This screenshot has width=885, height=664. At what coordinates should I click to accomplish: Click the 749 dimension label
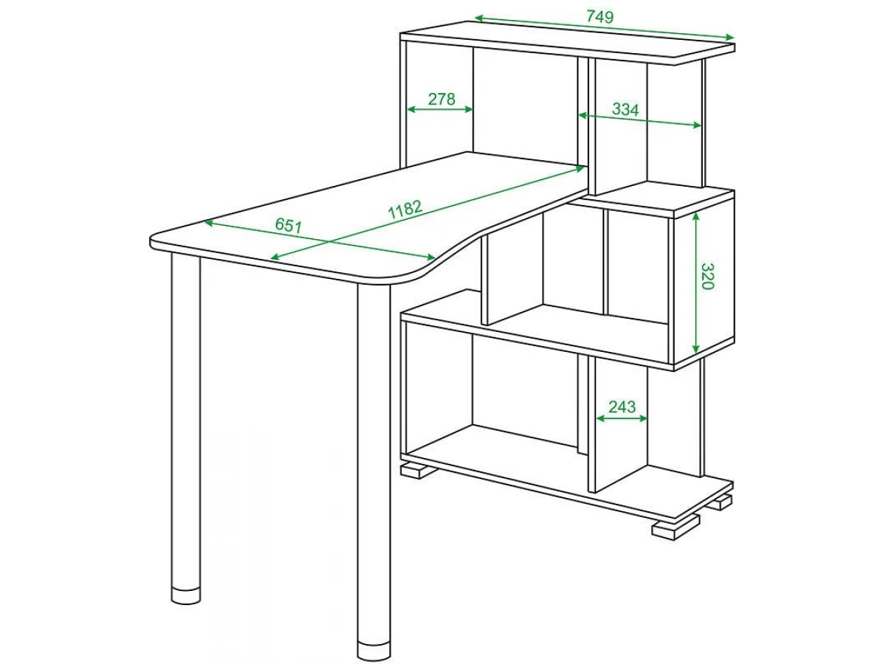tap(600, 16)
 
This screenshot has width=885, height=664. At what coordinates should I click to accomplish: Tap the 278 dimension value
tap(442, 99)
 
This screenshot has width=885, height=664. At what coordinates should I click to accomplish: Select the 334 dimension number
tap(625, 109)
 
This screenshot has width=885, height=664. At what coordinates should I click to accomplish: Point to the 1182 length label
tap(405, 210)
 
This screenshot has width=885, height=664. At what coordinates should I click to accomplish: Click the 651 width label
tap(288, 225)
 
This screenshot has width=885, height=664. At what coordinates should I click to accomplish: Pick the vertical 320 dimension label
tap(707, 276)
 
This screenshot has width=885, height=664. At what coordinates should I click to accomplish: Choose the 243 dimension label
tap(622, 407)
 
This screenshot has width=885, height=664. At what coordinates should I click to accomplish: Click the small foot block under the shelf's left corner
tap(417, 471)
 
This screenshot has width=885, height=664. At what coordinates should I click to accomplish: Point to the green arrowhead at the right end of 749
tap(728, 38)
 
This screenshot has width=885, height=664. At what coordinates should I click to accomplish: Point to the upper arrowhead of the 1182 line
tap(580, 168)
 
